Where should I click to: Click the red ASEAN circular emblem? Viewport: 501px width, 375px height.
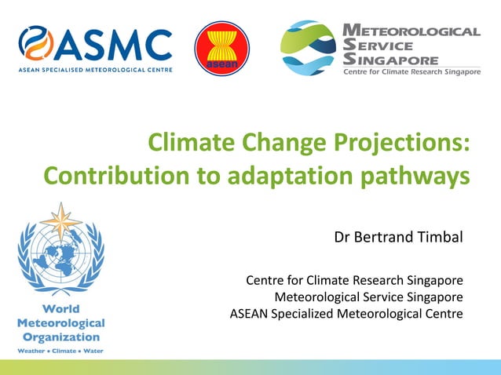[222, 49]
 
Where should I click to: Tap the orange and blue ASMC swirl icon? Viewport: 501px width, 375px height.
[36, 44]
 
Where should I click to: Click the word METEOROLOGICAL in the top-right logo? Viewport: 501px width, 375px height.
[411, 31]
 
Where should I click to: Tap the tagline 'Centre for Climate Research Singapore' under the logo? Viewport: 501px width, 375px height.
[411, 72]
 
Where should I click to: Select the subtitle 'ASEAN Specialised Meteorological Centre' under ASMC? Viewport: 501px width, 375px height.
[94, 69]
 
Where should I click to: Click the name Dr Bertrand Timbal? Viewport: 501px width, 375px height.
[398, 236]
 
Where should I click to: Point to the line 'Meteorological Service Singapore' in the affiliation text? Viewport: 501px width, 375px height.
[368, 297]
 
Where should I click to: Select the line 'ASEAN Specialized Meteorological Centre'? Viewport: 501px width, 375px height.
[346, 314]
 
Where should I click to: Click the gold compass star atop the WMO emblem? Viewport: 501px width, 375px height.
[61, 221]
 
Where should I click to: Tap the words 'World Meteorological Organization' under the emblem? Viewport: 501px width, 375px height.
[61, 322]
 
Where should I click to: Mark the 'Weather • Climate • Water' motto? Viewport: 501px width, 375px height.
[61, 350]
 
